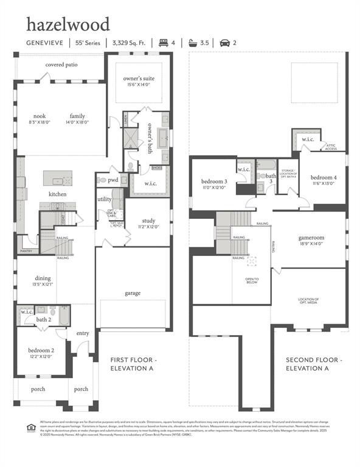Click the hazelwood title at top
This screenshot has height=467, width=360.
coord(67,25)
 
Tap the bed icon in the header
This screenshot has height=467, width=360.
coord(162,43)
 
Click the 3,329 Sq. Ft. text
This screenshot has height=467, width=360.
coord(130,43)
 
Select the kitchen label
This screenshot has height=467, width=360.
coord(58,195)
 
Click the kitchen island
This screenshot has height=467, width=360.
coord(58,180)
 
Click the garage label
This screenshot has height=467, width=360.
coord(133,293)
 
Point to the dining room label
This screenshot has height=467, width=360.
coord(43,278)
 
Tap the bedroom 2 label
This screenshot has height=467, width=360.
coord(41,350)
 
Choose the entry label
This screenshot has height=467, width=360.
coord(82,333)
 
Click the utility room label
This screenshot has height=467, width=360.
coord(104,199)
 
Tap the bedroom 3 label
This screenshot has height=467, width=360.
coord(214,181)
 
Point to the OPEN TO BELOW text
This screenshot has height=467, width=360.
coord(252,281)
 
